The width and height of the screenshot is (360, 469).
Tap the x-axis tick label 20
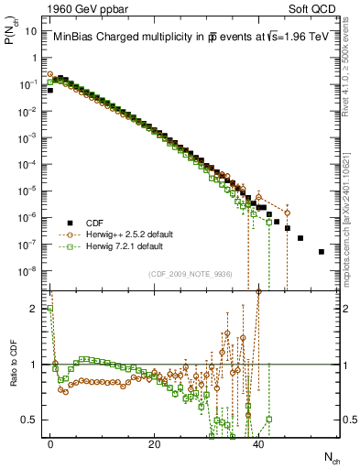pos(155,444)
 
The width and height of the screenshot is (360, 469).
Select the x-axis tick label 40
pos(258,444)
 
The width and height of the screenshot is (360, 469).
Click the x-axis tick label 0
pos(50,444)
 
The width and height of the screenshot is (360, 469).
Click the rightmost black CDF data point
pos(321,251)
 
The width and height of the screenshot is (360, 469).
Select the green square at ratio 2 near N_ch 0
pos(50,309)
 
